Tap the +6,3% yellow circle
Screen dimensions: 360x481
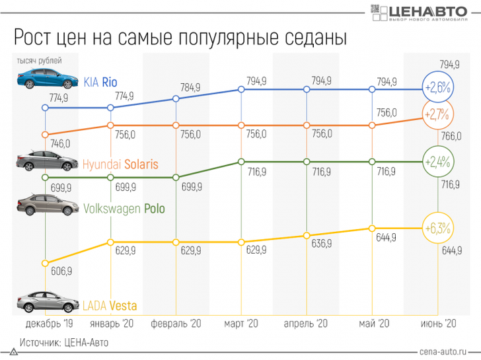click(x=437, y=229)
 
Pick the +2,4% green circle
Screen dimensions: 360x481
click(x=437, y=161)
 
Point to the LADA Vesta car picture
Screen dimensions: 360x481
click(x=44, y=303)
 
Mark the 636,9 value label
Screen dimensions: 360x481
click(x=321, y=244)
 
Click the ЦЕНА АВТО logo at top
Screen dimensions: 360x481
click(x=423, y=13)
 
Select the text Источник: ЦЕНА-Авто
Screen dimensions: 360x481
click(x=63, y=343)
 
